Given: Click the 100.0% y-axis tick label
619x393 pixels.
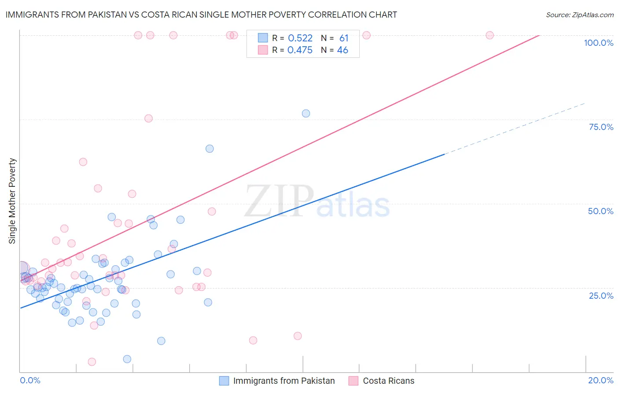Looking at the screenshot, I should point(598,43).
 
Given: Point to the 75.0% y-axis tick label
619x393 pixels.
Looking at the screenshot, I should point(601,127).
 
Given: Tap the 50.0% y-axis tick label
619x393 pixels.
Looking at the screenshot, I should point(601,211).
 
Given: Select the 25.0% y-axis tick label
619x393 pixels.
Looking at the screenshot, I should point(601,296).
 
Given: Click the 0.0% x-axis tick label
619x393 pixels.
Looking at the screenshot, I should point(30,380).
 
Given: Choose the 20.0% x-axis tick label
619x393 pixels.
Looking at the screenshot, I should point(601,380).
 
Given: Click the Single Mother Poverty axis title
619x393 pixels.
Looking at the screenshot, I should point(12,201).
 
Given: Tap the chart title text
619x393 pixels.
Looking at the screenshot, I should point(201,15).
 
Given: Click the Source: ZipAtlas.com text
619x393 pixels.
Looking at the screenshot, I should point(579,15).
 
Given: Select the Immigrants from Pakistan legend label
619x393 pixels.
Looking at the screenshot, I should point(284,381).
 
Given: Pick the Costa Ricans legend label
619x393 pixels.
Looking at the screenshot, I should point(388,381).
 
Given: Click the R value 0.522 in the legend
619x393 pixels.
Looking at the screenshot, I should point(300,38).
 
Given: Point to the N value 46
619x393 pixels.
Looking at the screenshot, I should point(343,50).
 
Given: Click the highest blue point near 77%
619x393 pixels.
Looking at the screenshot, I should point(306,114).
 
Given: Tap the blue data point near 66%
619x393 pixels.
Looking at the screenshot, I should point(210,149).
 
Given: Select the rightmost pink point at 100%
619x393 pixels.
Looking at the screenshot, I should point(490,35).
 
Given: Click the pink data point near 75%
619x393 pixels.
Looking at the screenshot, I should point(148,119).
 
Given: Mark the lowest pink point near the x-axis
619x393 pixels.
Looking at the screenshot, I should point(92,362).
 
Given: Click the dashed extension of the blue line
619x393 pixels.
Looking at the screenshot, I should point(515,128).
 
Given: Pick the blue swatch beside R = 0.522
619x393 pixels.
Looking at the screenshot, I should point(263,38).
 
